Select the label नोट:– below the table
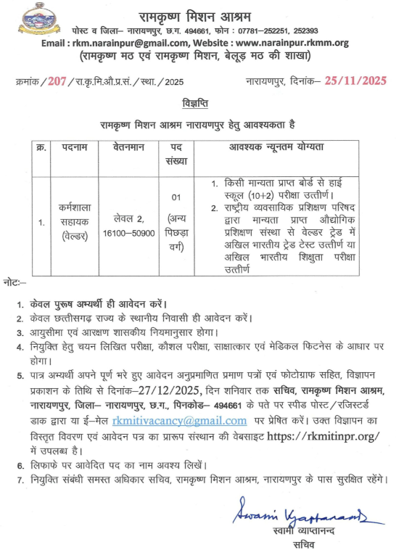(14, 279)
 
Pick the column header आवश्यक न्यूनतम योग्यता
(284, 147)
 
